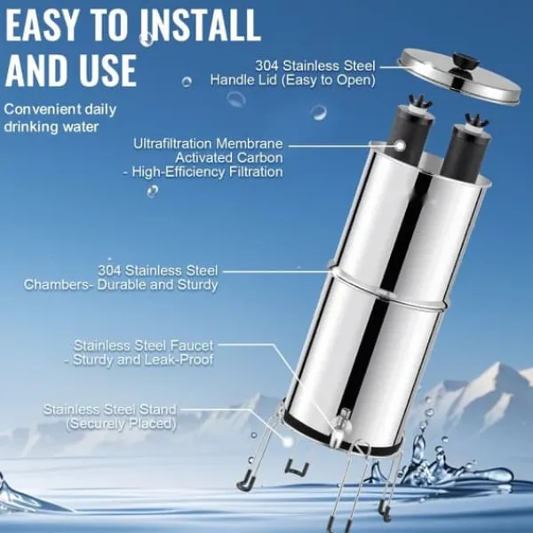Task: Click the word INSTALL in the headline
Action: (202, 26)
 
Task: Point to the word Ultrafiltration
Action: (173, 143)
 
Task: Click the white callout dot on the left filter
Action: (401, 147)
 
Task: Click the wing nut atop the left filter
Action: (420, 101)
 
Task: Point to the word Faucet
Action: (192, 346)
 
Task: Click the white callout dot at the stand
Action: (288, 442)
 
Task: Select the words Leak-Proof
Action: (178, 360)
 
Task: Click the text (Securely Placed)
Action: (122, 424)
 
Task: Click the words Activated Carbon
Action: (229, 158)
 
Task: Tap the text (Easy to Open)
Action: (327, 81)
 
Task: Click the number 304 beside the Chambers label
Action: (109, 271)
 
